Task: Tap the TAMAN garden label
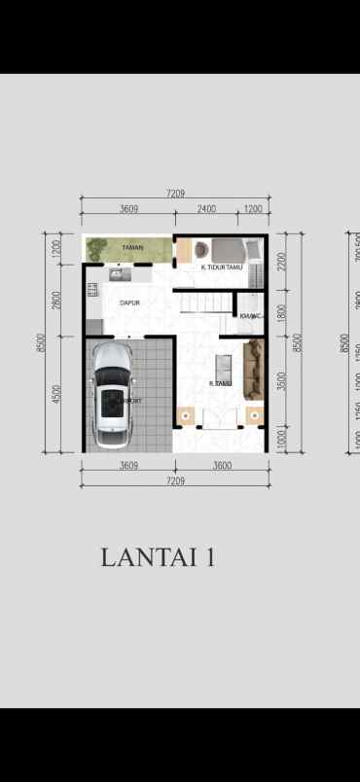[x=132, y=248]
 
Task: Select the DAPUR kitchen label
[x=129, y=302]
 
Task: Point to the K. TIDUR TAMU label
[x=221, y=267]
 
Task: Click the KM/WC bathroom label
[x=250, y=315]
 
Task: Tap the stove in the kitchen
[x=92, y=290]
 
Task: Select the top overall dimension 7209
[x=175, y=195]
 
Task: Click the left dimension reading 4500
[x=57, y=394]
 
